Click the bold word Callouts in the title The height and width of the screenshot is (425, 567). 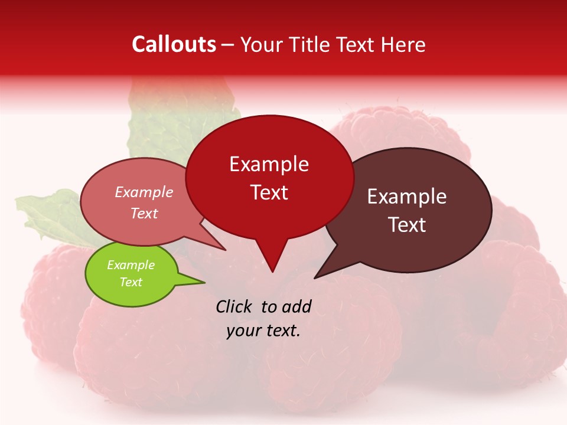[x=174, y=44]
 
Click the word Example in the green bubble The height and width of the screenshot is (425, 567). [x=131, y=265]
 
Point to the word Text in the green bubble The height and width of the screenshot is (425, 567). [x=131, y=282]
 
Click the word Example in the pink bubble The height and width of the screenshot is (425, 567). [x=144, y=192]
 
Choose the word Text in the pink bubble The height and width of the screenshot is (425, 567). [x=144, y=213]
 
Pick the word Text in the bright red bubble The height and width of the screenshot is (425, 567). [x=269, y=192]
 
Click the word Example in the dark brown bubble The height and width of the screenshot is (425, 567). [x=407, y=196]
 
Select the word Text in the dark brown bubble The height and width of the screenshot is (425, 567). [x=407, y=224]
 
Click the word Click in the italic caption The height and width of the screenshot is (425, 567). [x=234, y=306]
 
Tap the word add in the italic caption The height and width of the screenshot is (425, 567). [x=296, y=306]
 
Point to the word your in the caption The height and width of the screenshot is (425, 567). [x=243, y=331]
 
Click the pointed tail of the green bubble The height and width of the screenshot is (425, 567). [x=204, y=282]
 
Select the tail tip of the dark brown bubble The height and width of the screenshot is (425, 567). [x=315, y=277]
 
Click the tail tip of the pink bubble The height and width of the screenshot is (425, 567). [x=226, y=250]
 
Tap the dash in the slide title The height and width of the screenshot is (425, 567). [x=228, y=44]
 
